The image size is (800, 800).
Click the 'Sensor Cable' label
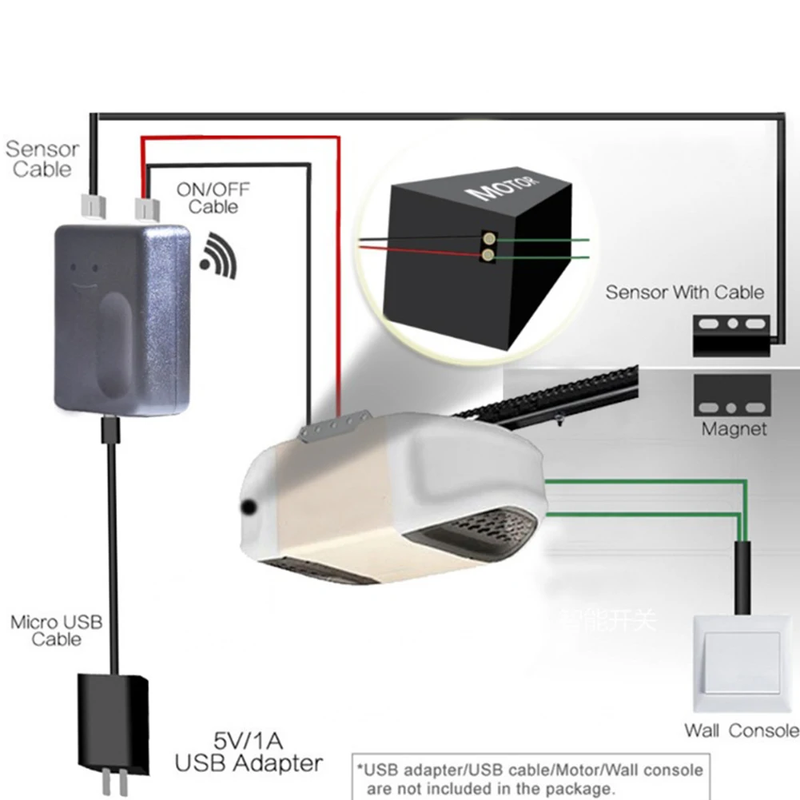coord(42,158)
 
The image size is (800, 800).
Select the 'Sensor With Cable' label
coord(684,292)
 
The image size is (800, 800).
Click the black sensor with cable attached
coord(731,336)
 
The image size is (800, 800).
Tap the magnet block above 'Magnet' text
coord(732,394)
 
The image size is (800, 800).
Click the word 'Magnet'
coord(734,429)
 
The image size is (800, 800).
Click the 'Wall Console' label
coord(741,730)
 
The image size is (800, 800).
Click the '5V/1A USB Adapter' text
coord(249,751)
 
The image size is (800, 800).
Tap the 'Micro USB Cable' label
coord(56,630)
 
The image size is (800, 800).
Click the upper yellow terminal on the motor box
coord(488,238)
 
